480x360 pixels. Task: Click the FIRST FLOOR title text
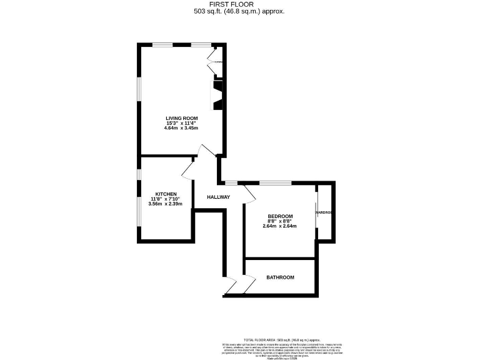240,4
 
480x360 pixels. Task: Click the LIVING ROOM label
181,118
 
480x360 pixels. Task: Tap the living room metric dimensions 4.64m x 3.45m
181,128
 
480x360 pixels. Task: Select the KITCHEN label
166,194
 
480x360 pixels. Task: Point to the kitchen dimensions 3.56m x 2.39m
166,204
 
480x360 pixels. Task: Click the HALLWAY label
219,197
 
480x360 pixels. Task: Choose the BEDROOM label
280,216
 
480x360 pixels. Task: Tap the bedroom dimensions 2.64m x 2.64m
280,226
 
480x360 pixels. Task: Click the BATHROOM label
280,277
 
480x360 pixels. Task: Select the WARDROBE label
323,212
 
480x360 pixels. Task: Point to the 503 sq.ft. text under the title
240,11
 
